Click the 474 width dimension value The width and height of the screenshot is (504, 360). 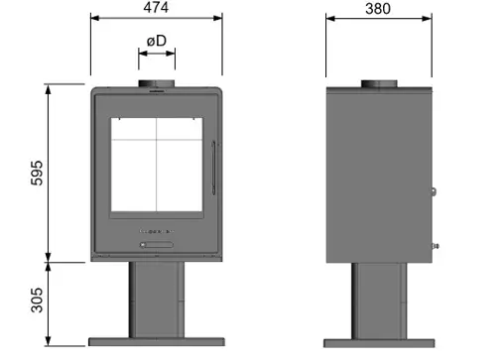(x=156, y=7)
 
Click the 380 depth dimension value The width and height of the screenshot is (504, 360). (x=378, y=9)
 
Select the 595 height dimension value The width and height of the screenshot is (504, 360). (x=37, y=173)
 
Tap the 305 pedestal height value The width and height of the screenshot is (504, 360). (x=37, y=300)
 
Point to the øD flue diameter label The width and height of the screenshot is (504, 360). (x=157, y=41)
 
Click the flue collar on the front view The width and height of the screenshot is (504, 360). (x=157, y=83)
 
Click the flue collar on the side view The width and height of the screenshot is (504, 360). (x=379, y=83)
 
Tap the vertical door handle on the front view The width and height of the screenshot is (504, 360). (x=213, y=168)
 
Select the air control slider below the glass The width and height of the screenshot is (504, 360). (x=157, y=245)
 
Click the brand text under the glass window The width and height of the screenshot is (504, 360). (x=156, y=231)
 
